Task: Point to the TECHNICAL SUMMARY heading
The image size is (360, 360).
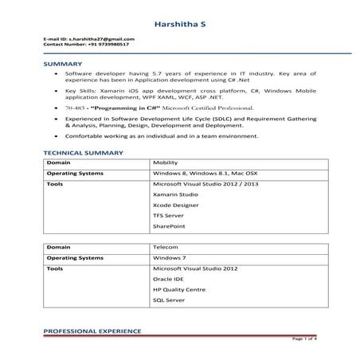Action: click(x=83, y=151)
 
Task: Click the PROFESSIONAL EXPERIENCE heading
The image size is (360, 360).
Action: click(x=92, y=330)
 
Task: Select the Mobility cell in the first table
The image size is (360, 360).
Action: click(x=166, y=162)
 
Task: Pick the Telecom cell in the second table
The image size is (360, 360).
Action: click(x=165, y=248)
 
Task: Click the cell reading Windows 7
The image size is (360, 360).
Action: click(x=169, y=258)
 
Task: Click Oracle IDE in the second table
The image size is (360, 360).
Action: click(x=167, y=280)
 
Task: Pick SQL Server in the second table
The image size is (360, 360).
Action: click(x=168, y=302)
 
